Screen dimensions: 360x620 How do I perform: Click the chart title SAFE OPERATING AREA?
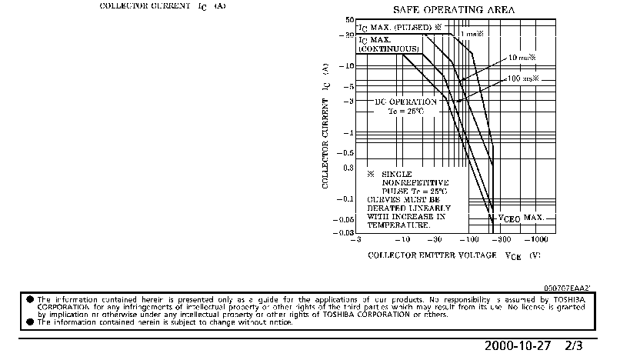coord(455,10)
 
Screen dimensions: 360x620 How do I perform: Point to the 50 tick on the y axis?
coord(349,20)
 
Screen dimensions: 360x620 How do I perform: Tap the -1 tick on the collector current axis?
coord(347,133)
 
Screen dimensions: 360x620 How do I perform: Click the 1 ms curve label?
coord(471,34)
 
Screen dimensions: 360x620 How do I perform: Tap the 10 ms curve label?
coord(522,58)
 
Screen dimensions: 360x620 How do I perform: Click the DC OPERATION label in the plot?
coord(405,102)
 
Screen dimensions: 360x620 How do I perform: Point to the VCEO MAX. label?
coord(521,218)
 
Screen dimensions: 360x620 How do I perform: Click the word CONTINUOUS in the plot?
coord(389,48)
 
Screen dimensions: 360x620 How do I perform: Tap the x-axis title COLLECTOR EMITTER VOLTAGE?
coord(434,255)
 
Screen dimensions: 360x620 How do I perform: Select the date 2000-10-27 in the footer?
coord(518,346)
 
